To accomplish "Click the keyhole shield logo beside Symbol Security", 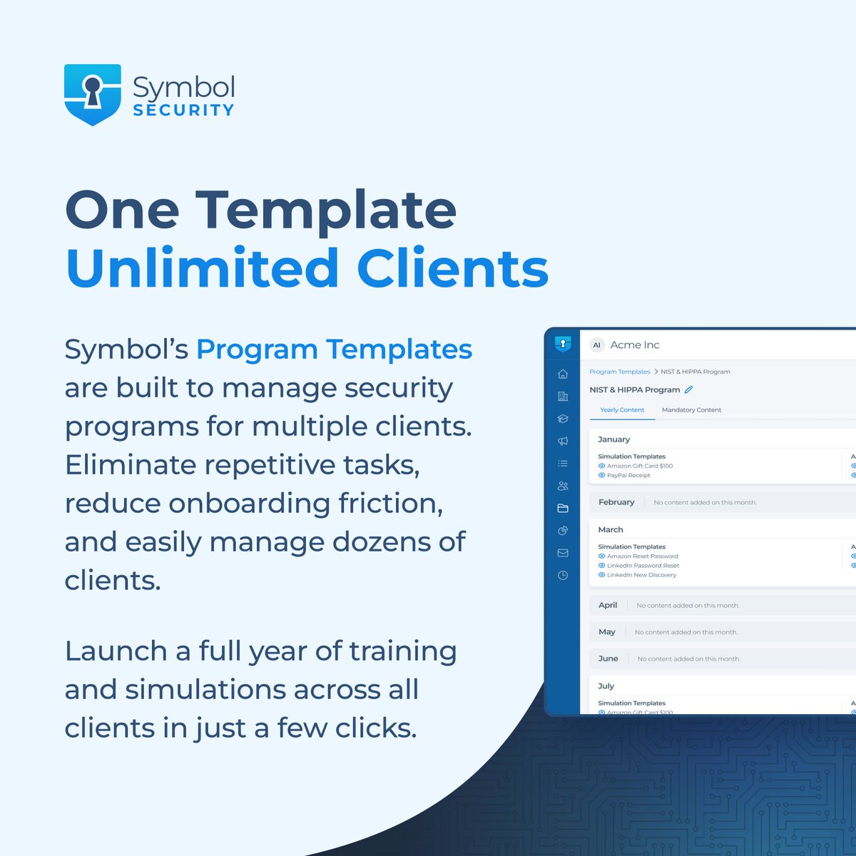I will point(93,94).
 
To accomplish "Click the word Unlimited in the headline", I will point(202,269).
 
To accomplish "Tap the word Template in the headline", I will point(326,210).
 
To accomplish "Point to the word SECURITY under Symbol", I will point(183,111).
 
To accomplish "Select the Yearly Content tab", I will point(622,410).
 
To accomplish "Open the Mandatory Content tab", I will point(691,410).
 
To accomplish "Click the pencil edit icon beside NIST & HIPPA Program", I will point(688,389).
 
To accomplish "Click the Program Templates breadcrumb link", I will point(619,372).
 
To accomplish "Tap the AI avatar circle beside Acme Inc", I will point(597,345).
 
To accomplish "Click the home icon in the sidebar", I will point(563,374).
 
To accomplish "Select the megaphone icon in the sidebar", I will point(563,441).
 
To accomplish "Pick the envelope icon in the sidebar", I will point(563,553).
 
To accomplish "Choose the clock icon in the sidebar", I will point(563,575).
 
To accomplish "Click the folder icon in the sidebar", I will point(563,508).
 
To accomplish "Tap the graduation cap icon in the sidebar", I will point(563,419).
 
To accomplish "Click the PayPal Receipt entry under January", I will point(628,475).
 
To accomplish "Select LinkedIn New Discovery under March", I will point(641,575).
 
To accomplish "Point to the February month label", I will point(616,502).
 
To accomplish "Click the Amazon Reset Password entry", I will point(642,556).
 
